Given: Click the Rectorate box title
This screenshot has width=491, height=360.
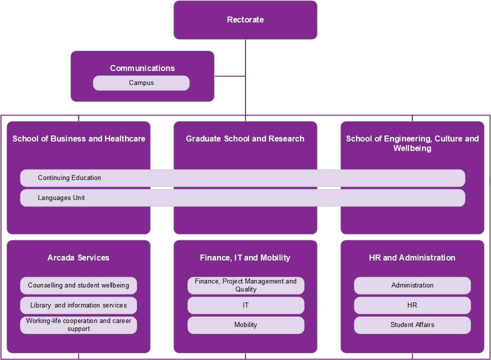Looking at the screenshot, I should tap(245, 20).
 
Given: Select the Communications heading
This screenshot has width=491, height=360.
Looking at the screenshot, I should tap(142, 68).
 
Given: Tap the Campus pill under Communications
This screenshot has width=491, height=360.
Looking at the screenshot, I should tap(141, 83).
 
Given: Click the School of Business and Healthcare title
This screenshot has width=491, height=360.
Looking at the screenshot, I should tap(79, 138).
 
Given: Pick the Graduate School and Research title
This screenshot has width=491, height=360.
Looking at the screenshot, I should tap(245, 138).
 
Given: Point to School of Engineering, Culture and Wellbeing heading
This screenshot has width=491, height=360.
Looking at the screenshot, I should tap(412, 143).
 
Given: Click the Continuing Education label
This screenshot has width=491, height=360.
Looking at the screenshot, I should tap(69, 178).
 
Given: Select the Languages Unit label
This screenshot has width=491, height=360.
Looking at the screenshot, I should tap(61, 198).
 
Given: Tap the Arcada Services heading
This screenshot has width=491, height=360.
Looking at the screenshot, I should tap(78, 258).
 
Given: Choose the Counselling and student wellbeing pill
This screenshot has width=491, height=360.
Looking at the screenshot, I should tap(78, 285).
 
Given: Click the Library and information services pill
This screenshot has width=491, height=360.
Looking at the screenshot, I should tap(78, 305).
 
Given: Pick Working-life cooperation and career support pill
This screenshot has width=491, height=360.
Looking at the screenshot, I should tap(78, 325).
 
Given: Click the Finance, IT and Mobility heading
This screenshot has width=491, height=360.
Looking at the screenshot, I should tap(245, 258).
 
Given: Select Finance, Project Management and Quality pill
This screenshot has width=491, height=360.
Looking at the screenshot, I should tap(245, 285).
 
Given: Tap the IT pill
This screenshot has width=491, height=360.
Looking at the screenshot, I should tap(245, 305).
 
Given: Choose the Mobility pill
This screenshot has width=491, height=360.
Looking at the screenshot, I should tap(245, 325).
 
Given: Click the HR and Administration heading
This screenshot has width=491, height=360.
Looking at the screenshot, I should tap(412, 258).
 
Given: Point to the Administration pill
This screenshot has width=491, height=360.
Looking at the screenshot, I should tap(412, 285).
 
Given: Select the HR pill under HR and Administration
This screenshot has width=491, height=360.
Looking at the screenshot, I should tap(412, 305).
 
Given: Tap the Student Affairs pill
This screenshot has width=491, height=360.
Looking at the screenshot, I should tap(412, 325).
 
